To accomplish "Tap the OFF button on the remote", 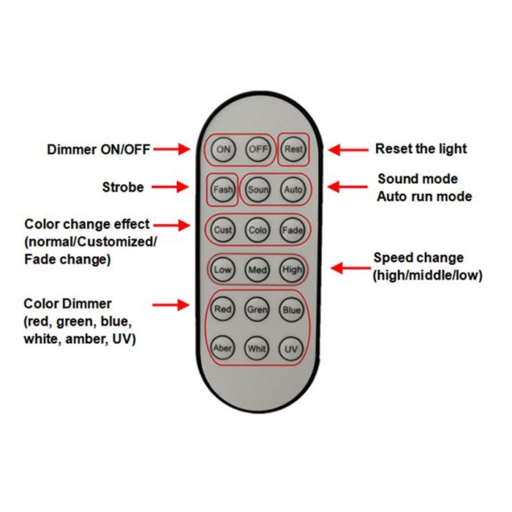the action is [x=258, y=149].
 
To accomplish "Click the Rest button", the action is [x=293, y=149].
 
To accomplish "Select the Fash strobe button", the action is [x=223, y=189].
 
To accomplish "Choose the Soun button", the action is [x=258, y=189].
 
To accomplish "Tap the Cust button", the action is [x=223, y=230].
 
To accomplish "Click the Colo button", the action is [x=258, y=230].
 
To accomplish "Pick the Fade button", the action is [x=292, y=230].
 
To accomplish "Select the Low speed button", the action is [x=223, y=269].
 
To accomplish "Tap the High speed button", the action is [x=292, y=269].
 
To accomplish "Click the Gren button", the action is [x=257, y=309].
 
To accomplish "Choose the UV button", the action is [x=291, y=348].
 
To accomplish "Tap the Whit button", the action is [x=257, y=348].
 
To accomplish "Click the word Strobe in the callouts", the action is [x=123, y=187].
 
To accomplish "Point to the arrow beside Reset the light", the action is [x=348, y=150].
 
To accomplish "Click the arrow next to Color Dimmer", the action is [x=171, y=305].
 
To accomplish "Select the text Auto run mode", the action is [x=425, y=196].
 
